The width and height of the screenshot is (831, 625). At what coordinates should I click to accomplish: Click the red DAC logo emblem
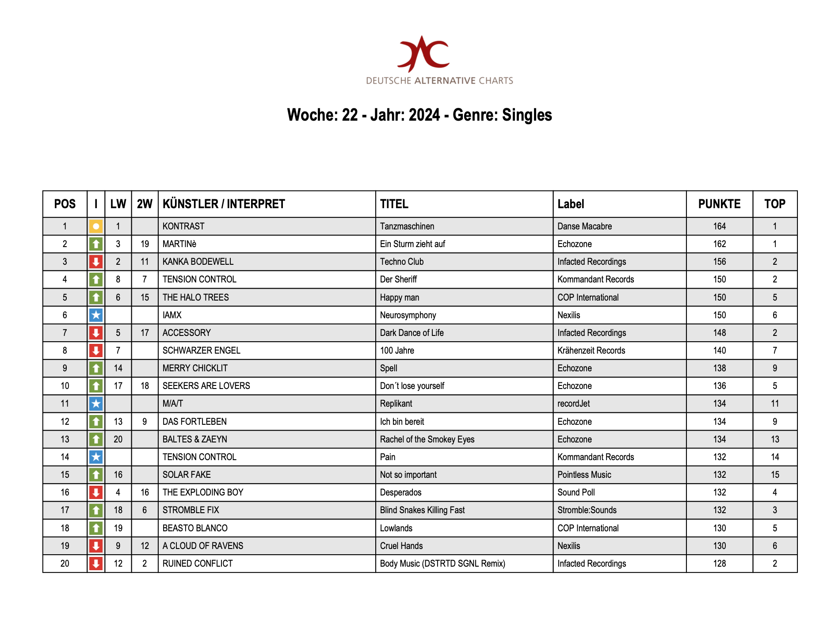click(423, 54)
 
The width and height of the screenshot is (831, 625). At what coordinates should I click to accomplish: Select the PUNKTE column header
click(719, 204)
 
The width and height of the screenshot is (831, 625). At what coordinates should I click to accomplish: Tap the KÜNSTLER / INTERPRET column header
click(224, 204)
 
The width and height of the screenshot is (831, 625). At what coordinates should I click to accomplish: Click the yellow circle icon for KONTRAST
click(96, 226)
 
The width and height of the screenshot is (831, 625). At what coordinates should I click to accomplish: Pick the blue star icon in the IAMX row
click(96, 315)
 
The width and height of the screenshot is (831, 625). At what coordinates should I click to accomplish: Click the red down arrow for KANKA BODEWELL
click(96, 262)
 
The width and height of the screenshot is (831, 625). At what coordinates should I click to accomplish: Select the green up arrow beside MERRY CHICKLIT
click(96, 368)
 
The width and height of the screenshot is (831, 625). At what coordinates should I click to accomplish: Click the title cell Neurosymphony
click(408, 315)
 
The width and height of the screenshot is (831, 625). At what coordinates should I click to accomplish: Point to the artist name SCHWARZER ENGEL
click(202, 351)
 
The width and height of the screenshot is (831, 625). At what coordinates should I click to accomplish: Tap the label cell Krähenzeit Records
click(591, 351)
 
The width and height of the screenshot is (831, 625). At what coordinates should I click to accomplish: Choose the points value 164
click(719, 226)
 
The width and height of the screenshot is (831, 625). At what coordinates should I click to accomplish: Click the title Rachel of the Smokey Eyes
click(427, 439)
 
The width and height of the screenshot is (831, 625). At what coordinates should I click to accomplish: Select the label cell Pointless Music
click(584, 475)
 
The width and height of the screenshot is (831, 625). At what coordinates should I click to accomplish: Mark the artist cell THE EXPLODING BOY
click(203, 492)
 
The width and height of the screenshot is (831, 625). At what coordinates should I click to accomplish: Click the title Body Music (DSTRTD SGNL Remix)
click(442, 564)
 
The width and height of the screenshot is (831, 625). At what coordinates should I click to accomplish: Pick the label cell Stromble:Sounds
click(587, 510)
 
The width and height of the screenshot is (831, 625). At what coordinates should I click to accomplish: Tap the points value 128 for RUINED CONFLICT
click(719, 564)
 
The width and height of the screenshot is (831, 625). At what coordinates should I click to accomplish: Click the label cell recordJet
click(573, 404)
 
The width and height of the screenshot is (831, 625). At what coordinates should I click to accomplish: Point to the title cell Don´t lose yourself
click(412, 386)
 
